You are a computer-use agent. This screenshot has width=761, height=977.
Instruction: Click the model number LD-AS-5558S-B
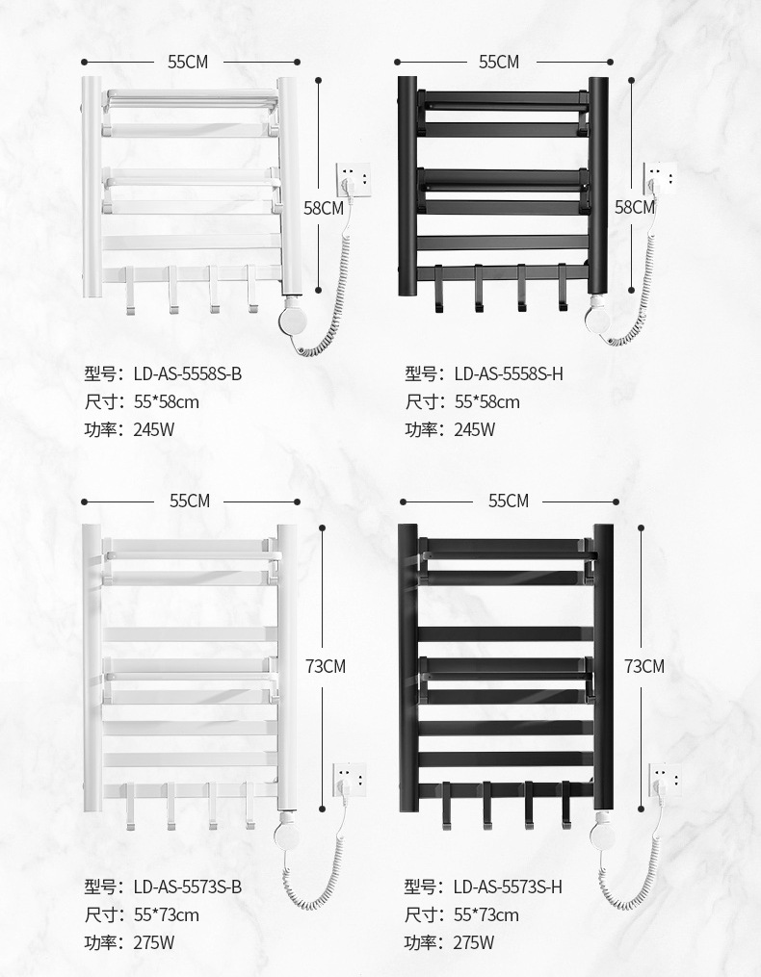coord(187,373)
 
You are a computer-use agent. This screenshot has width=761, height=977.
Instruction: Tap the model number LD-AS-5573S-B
coord(187,887)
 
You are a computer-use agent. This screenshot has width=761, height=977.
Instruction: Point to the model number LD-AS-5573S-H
coord(507,887)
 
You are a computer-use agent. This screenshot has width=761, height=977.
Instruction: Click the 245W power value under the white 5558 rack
coord(154,429)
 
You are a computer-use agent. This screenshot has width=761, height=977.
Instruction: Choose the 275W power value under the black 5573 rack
coord(474,942)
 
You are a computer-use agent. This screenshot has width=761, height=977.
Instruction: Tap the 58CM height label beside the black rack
coord(635,207)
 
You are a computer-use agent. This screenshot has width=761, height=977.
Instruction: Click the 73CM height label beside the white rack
coord(325,666)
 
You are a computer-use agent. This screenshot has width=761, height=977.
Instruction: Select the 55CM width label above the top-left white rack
coord(188,62)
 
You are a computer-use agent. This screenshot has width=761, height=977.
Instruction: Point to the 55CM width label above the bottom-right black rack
coord(509,501)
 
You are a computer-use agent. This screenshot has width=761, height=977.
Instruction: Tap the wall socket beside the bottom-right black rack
coord(664,779)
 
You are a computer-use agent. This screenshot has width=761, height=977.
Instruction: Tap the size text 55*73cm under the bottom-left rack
coord(166,914)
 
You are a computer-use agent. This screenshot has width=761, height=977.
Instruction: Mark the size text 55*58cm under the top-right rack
coord(486,401)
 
